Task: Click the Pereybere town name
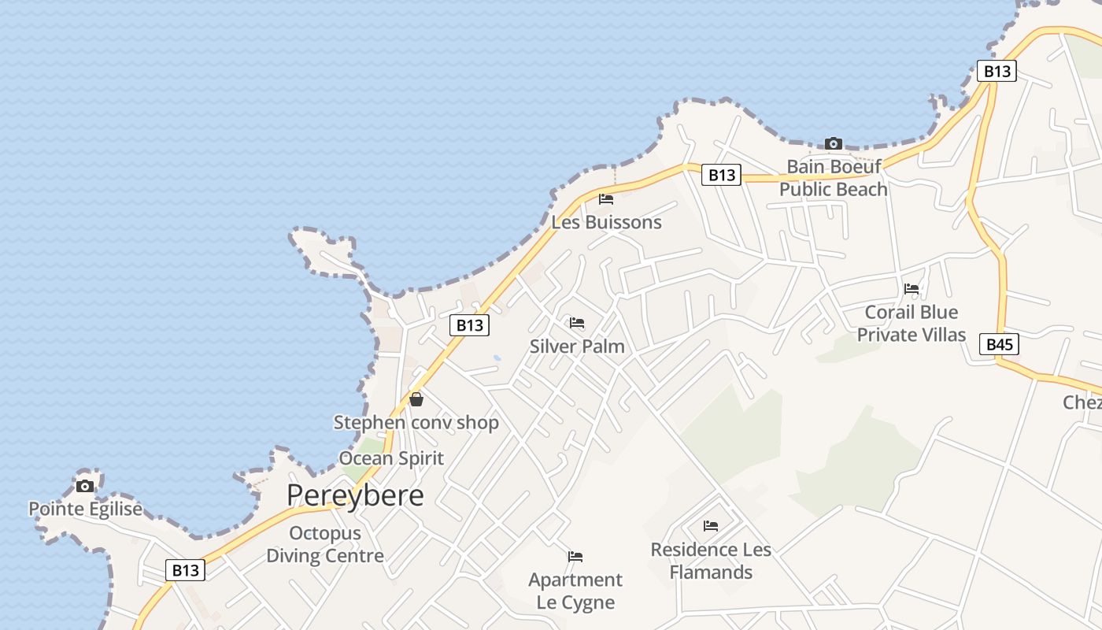[x=355, y=495]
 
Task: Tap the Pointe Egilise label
[x=86, y=509]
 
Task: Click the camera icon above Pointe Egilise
[x=85, y=486]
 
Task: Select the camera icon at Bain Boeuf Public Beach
[x=833, y=143]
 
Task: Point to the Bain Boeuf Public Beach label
[x=833, y=178]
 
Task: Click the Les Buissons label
[x=606, y=222]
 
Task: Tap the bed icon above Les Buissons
[x=606, y=198]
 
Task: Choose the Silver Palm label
[x=577, y=346]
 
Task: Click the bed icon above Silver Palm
[x=577, y=323]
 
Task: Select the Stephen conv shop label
[x=416, y=422]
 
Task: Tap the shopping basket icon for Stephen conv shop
[x=416, y=399]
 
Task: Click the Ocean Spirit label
[x=391, y=458]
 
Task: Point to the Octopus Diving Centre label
[x=325, y=544]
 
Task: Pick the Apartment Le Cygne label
[x=575, y=591]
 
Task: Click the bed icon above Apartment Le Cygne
[x=575, y=557]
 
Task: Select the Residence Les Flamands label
[x=711, y=560]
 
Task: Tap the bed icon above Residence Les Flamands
[x=711, y=525]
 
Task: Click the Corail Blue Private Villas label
[x=911, y=324]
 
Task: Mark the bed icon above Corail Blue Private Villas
[x=912, y=289]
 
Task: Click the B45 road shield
[x=999, y=344]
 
